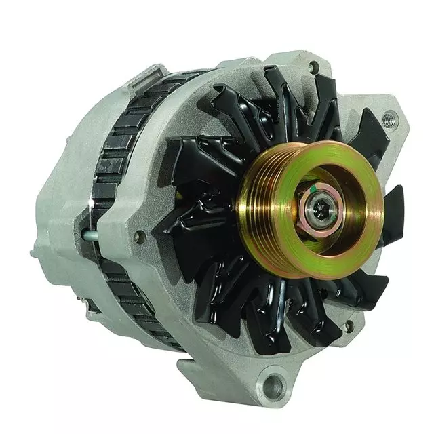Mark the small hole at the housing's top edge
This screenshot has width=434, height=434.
click(x=313, y=67)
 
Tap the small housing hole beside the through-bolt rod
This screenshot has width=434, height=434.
click(x=140, y=237)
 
